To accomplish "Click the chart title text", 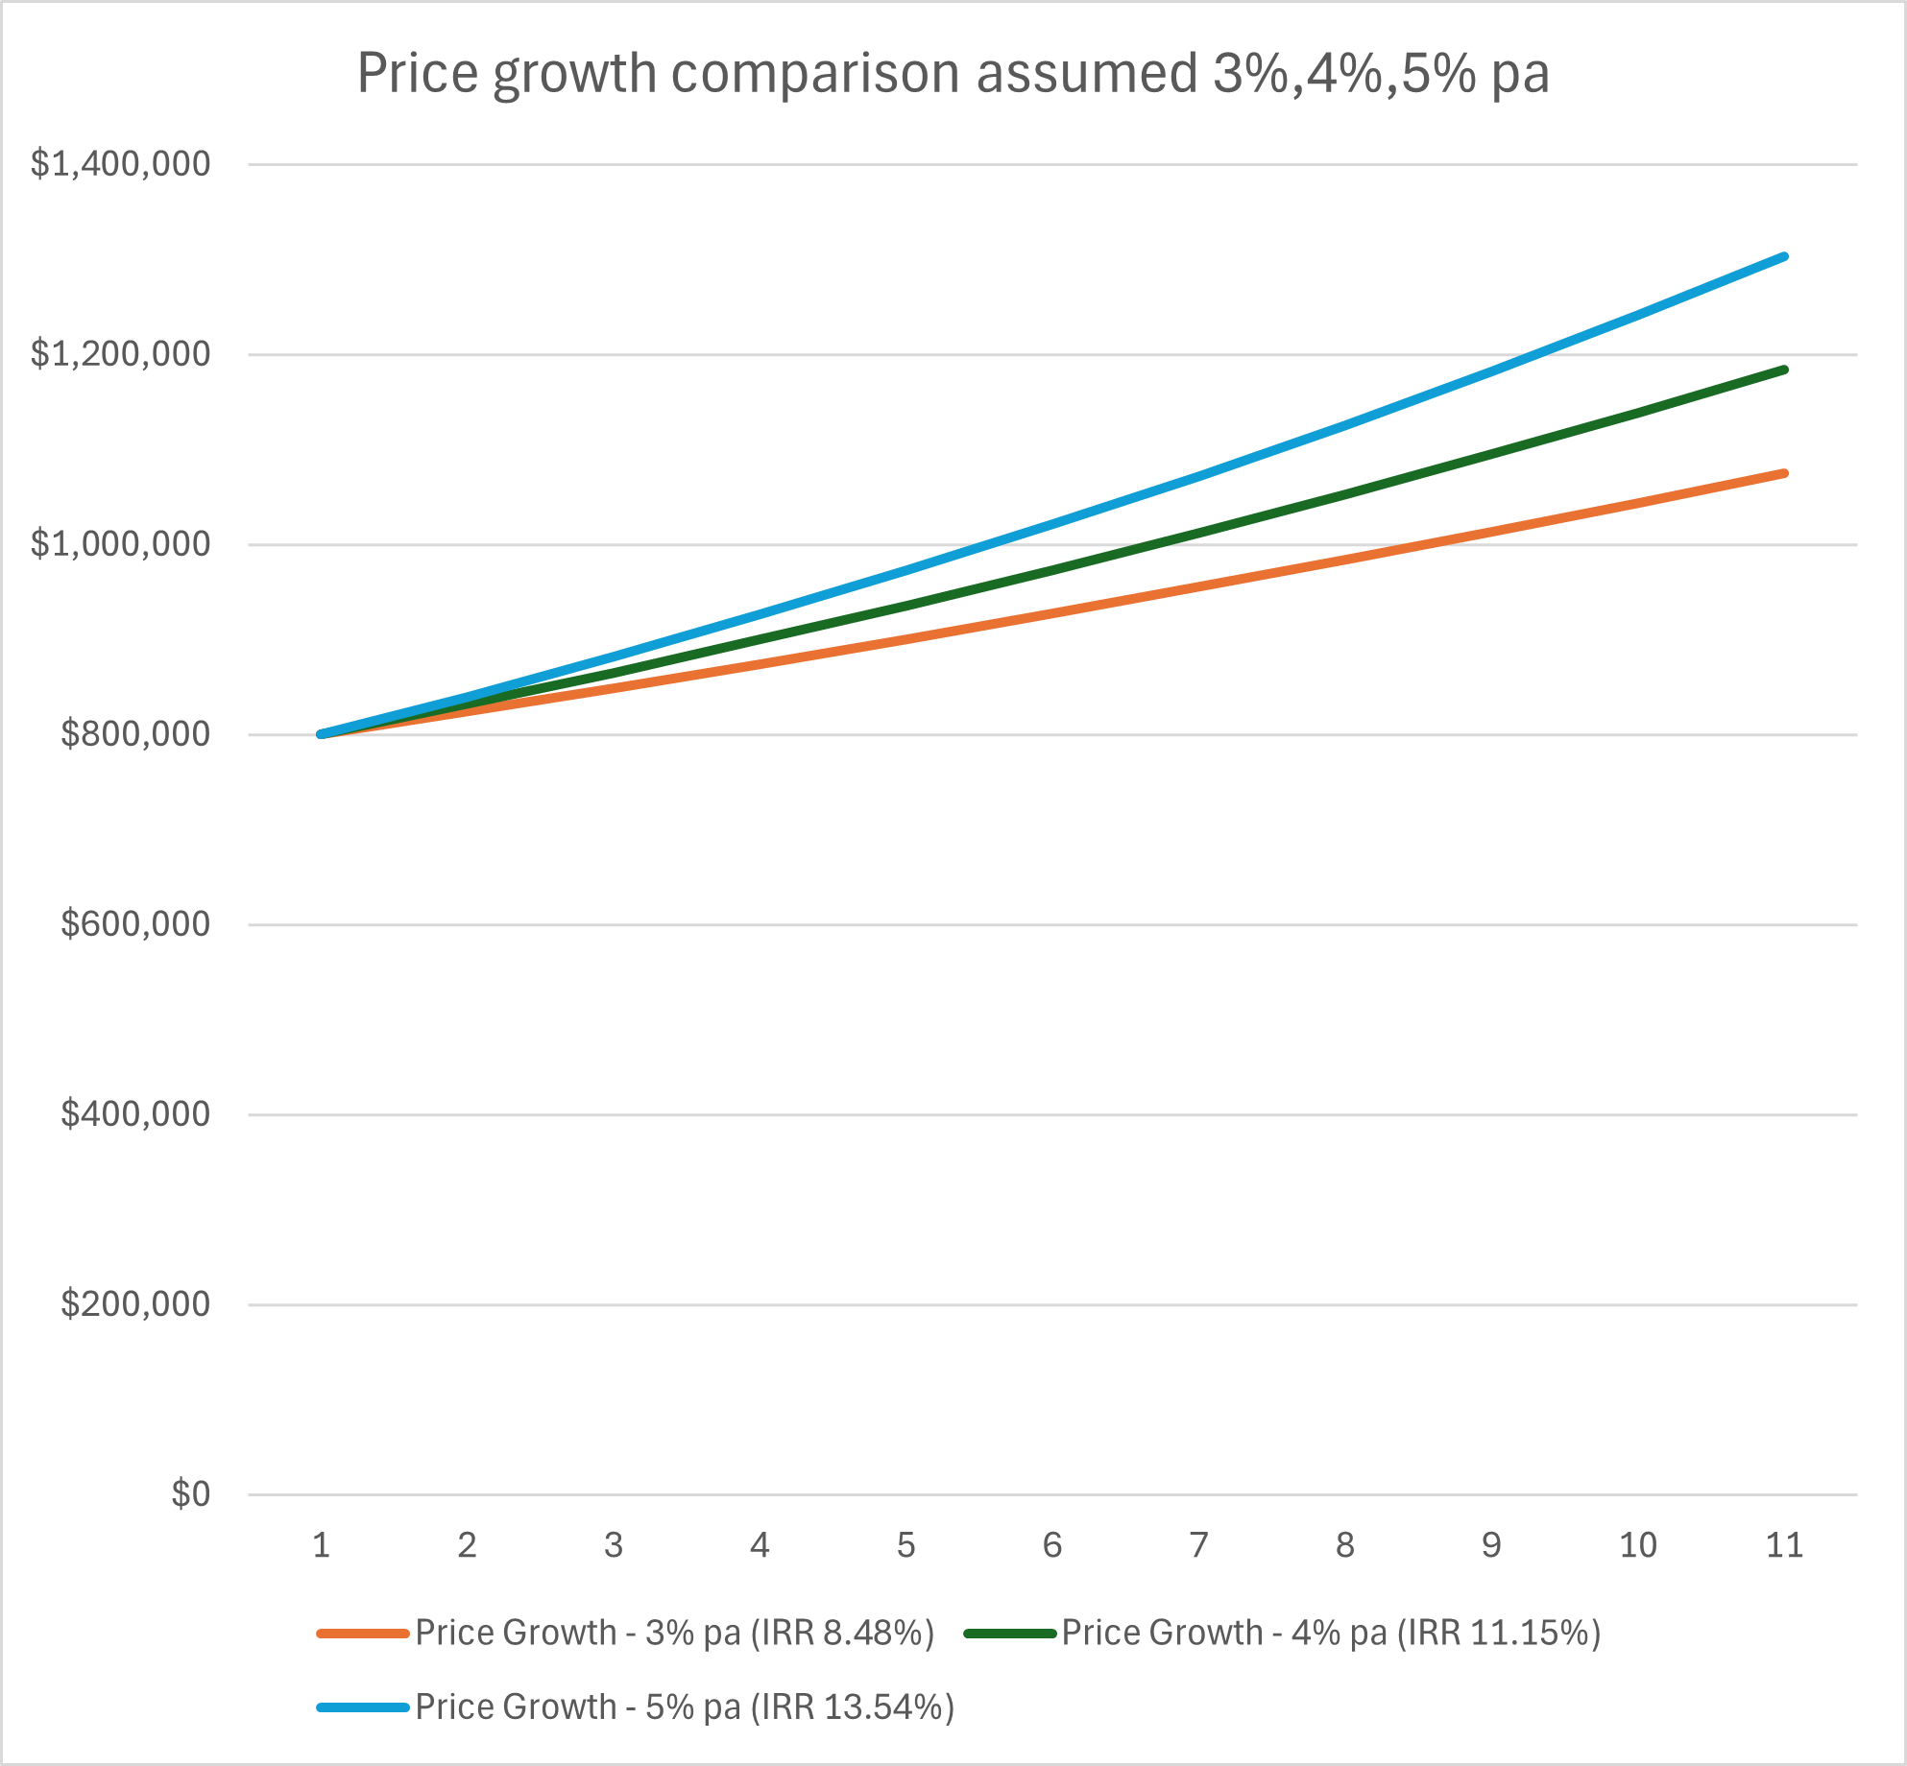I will click(x=953, y=74).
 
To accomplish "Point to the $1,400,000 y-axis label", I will click(x=120, y=164).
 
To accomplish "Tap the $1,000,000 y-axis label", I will click(x=120, y=544).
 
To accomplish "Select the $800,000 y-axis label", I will click(x=134, y=734).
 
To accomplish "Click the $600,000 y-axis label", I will click(x=134, y=924).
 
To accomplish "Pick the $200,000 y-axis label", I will click(x=134, y=1304).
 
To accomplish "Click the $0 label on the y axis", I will click(x=190, y=1494).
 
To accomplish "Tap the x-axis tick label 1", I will click(x=322, y=1545).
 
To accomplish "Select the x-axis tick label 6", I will click(x=1052, y=1545).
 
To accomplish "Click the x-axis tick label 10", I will click(x=1637, y=1545).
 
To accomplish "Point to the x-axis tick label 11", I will click(x=1784, y=1545).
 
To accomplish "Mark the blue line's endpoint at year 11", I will click(x=1784, y=257).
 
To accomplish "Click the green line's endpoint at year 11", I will click(x=1784, y=370).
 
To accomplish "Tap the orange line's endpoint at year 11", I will click(x=1784, y=473).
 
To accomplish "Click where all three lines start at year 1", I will click(x=322, y=734).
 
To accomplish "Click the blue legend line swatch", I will click(x=363, y=1707).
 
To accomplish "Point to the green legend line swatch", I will click(x=1009, y=1633).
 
